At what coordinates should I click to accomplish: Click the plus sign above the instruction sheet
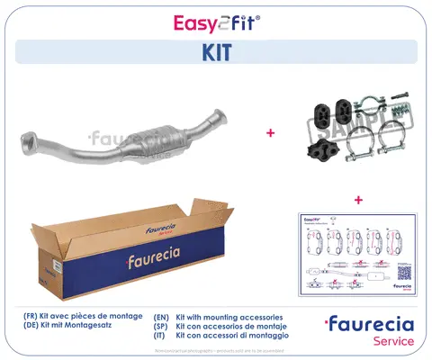pos(358,199)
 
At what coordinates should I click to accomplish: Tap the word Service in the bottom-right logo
pos(392,341)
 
